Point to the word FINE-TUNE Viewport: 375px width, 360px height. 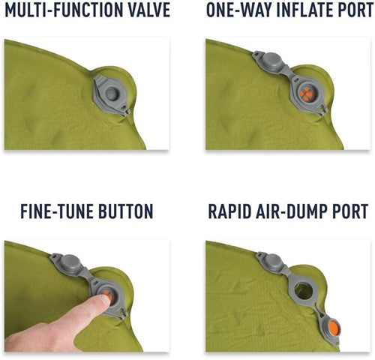(56, 211)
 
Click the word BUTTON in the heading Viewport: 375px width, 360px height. (126, 211)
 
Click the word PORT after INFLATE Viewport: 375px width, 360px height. (355, 10)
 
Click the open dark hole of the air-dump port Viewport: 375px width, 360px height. (303, 291)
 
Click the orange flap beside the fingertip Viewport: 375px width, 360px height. (107, 295)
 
